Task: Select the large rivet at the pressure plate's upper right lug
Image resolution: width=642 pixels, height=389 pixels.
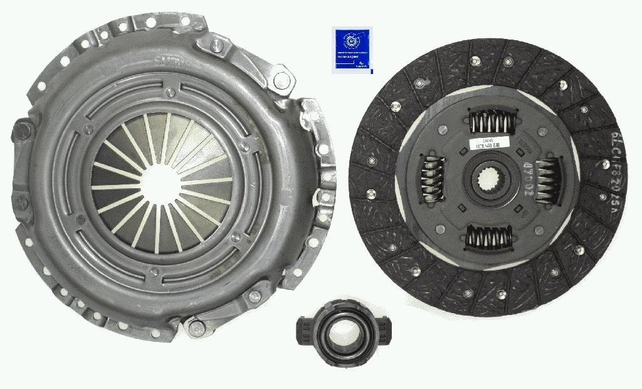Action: [x=282, y=80]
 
